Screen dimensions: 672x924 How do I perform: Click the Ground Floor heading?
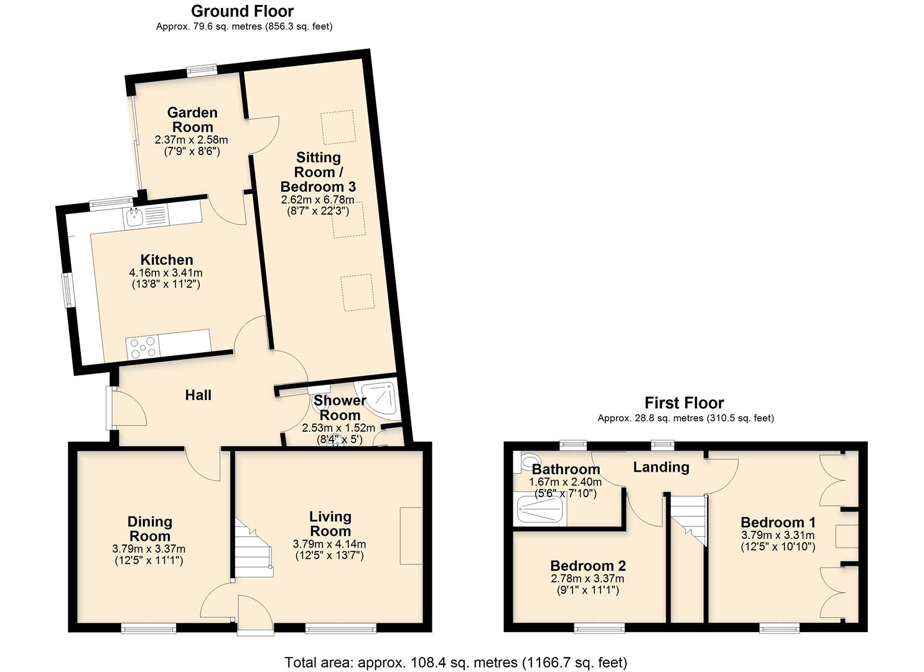[242, 11]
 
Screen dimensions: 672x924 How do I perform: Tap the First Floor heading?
[684, 403]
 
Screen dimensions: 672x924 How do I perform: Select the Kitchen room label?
[166, 259]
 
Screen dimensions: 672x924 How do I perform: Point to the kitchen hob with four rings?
[142, 347]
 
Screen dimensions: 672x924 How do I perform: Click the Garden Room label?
[192, 119]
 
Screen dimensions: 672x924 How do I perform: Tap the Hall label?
[198, 395]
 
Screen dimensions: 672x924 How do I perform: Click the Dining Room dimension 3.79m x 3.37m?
[149, 549]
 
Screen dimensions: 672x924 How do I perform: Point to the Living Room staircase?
[254, 551]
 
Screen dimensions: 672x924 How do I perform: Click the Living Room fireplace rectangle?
[411, 536]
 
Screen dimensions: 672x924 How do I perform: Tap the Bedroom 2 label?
[588, 566]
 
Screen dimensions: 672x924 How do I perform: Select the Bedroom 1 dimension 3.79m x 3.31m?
[778, 535]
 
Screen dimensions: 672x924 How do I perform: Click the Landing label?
[661, 467]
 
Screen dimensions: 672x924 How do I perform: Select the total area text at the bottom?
[455, 662]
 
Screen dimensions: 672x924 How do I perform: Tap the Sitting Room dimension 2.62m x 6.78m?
[317, 200]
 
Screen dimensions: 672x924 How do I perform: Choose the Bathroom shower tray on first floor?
[540, 512]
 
